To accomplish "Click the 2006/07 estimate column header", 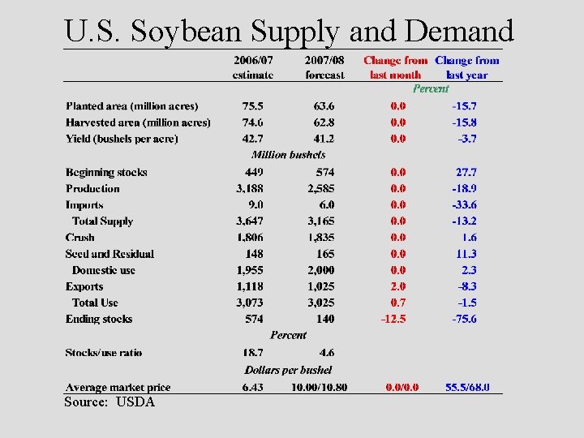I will (x=253, y=67).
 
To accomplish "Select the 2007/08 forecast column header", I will (x=324, y=67).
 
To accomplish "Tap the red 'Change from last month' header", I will (x=395, y=67).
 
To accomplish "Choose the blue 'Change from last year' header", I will (x=467, y=67).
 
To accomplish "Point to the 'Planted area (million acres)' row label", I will (x=132, y=106).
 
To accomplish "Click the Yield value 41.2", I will (x=324, y=139).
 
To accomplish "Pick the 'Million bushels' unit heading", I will (x=288, y=155).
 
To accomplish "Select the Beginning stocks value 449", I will (x=254, y=172).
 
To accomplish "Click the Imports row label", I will (x=84, y=205).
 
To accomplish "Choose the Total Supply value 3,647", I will (x=250, y=221).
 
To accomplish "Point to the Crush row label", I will (x=80, y=238).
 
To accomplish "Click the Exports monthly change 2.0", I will (x=398, y=286).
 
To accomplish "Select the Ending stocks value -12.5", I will (x=393, y=319).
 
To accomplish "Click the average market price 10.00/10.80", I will (x=320, y=388).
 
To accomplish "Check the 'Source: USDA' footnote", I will (x=109, y=402).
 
